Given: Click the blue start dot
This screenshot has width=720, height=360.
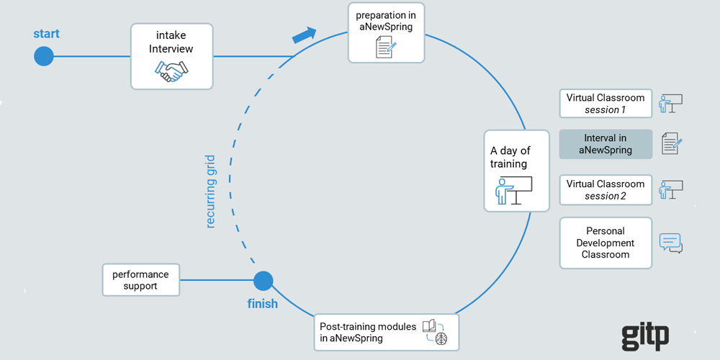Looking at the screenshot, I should [x=44, y=55].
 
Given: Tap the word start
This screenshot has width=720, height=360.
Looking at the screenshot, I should [x=46, y=34].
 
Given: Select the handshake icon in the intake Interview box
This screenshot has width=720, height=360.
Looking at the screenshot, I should [x=171, y=71].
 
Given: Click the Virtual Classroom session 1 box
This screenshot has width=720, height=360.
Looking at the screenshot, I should [x=606, y=104].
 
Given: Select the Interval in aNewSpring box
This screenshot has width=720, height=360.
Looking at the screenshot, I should [x=606, y=144].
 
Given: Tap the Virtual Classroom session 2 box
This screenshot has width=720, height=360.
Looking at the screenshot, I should [x=606, y=189].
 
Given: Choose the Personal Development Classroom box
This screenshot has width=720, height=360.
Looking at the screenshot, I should [x=606, y=243].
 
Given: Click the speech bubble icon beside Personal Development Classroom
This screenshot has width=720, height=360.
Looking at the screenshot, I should [x=670, y=243].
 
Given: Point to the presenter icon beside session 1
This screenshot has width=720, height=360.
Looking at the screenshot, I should [x=670, y=104].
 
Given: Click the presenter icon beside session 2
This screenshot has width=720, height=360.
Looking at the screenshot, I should [x=670, y=189].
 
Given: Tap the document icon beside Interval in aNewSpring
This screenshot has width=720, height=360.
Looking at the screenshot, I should [x=670, y=143].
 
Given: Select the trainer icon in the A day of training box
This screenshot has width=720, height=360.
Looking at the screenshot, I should [x=513, y=191].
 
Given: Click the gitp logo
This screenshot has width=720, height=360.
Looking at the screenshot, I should [x=645, y=335].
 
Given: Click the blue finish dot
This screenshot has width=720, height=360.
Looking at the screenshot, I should [x=263, y=281].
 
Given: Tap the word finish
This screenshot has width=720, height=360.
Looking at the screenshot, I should [x=262, y=304].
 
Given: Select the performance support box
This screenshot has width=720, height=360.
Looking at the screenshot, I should [x=140, y=280].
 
